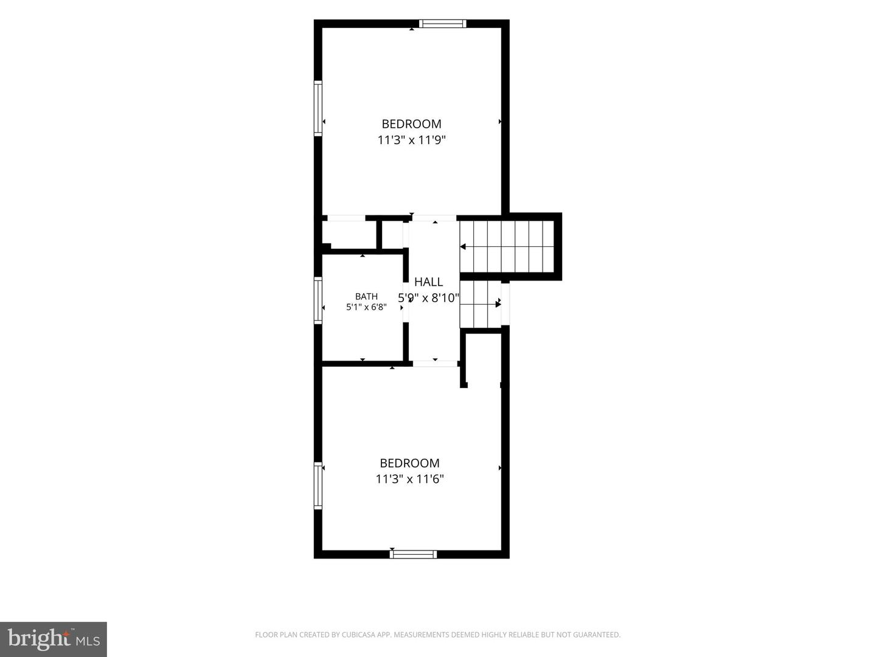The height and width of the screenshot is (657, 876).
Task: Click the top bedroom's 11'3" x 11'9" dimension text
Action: click(x=411, y=140)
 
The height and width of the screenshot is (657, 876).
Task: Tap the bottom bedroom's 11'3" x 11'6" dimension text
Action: click(x=409, y=479)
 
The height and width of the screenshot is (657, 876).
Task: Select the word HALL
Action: click(x=428, y=282)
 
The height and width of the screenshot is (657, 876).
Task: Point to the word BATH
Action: click(x=366, y=296)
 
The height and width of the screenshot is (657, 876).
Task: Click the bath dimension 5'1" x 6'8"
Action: click(x=366, y=307)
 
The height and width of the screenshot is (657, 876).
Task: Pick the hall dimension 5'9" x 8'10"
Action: click(x=429, y=298)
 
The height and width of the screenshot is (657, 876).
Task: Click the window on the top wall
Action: click(x=443, y=24)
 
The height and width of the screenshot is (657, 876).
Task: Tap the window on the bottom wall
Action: click(x=413, y=554)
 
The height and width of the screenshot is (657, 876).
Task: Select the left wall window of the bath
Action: click(x=318, y=301)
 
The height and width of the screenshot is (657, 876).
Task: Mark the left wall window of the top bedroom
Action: click(x=318, y=108)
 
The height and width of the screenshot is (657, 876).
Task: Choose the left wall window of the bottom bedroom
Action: click(x=318, y=485)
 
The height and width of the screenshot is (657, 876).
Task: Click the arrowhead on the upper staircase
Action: click(x=463, y=247)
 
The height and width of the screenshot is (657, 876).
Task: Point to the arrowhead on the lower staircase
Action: click(x=498, y=304)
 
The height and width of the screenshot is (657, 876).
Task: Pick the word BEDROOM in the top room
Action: click(x=411, y=124)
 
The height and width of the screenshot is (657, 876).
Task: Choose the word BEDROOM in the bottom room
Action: click(x=409, y=463)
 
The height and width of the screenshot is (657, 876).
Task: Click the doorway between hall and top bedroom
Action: click(x=434, y=218)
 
